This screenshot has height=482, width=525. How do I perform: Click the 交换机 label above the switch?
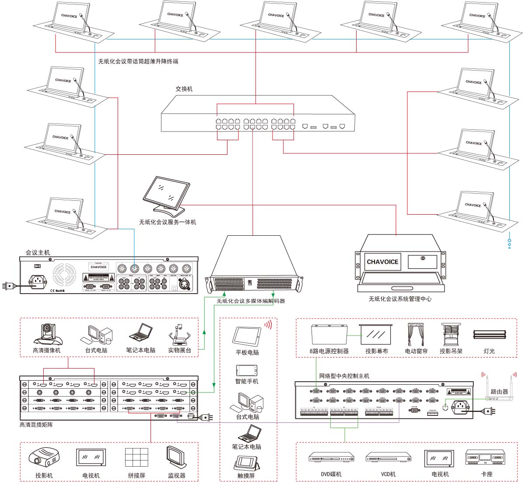[x=184, y=89]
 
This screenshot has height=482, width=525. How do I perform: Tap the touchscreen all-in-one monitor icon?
[x=165, y=195]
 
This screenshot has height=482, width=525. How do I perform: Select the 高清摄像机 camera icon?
[x=47, y=335]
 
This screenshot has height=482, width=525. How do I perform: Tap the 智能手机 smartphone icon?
[x=247, y=371]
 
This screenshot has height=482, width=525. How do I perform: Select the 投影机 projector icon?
[x=44, y=457]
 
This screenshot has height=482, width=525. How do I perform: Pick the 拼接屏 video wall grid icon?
[x=136, y=457]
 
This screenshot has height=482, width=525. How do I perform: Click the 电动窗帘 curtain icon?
[x=416, y=335]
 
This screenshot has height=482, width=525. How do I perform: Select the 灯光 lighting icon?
[x=489, y=335]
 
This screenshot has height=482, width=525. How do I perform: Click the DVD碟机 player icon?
[x=331, y=457]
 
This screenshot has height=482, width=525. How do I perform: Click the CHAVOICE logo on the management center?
[x=382, y=262]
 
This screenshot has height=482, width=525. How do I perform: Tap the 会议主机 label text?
[x=38, y=252]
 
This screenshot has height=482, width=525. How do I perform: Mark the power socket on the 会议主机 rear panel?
[x=38, y=281]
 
